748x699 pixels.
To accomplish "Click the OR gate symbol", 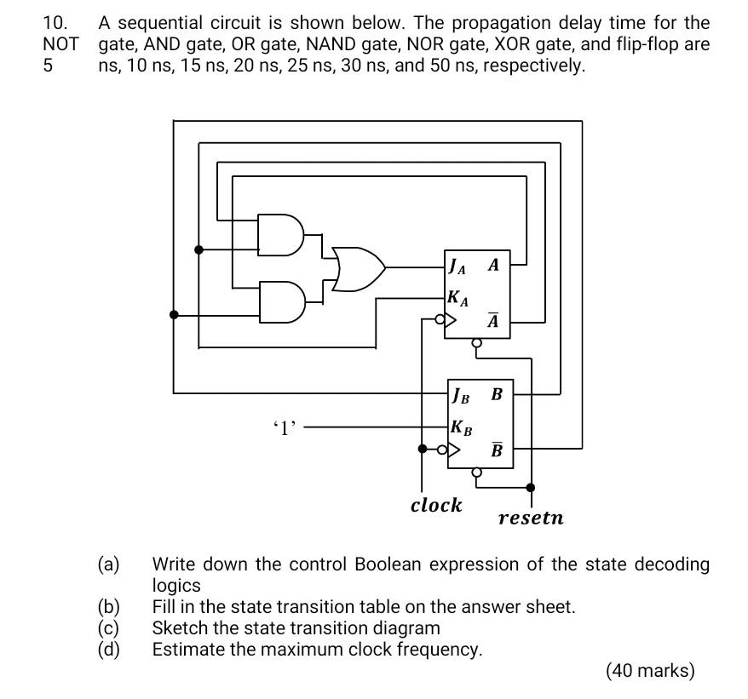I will pos(356,268).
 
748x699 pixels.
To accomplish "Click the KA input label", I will pos(457,298).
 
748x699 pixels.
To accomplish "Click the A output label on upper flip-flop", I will pos(493,265).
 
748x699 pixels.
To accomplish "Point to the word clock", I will pos(436,505).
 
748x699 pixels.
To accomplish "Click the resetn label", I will pos(531,518).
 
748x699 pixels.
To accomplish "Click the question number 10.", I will pos(55,23).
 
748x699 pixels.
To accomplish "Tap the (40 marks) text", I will pos(650,671).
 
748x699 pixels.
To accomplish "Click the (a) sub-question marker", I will pos(109,564).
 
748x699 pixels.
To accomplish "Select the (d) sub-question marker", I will pos(109,650).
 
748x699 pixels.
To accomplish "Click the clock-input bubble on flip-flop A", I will pos(440,321).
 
